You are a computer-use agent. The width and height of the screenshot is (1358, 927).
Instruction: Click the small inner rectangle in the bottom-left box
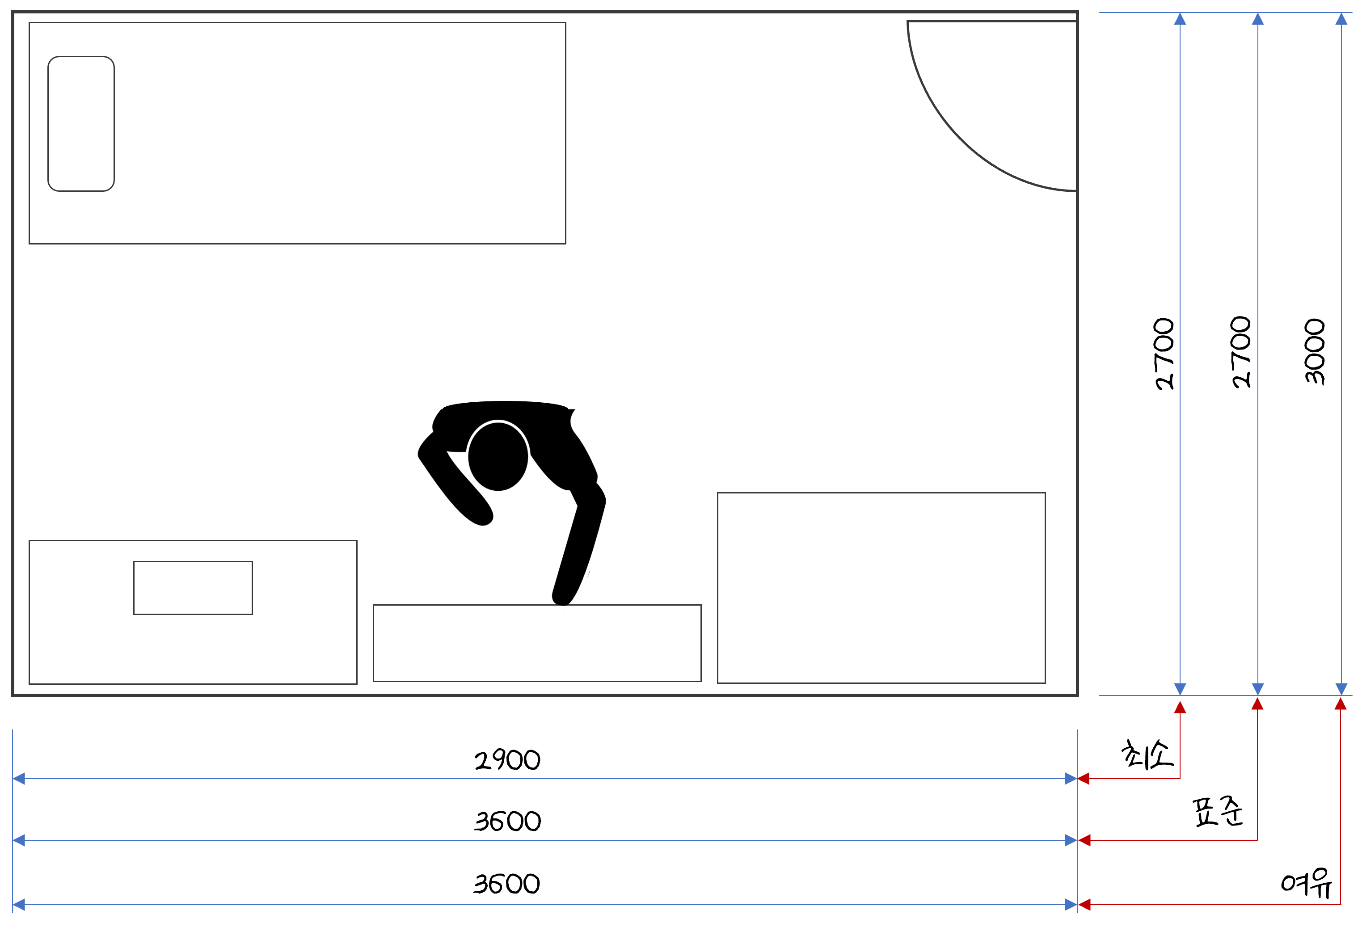(193, 588)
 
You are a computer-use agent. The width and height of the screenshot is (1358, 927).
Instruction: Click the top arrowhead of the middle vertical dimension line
(1257, 19)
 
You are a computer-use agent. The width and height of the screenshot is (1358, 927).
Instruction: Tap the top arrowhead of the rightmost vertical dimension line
(1341, 19)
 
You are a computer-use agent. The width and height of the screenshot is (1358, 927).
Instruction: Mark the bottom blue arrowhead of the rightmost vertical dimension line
(1341, 689)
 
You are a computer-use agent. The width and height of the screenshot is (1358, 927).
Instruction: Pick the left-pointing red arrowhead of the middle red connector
(1084, 840)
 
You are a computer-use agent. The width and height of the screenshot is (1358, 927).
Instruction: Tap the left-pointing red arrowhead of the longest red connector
(1084, 905)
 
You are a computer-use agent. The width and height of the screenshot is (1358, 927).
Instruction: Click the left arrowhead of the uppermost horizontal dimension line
(19, 779)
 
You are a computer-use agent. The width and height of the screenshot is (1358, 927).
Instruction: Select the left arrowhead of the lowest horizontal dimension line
(19, 905)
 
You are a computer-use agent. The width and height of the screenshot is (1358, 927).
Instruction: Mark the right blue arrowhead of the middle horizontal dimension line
(1071, 840)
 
